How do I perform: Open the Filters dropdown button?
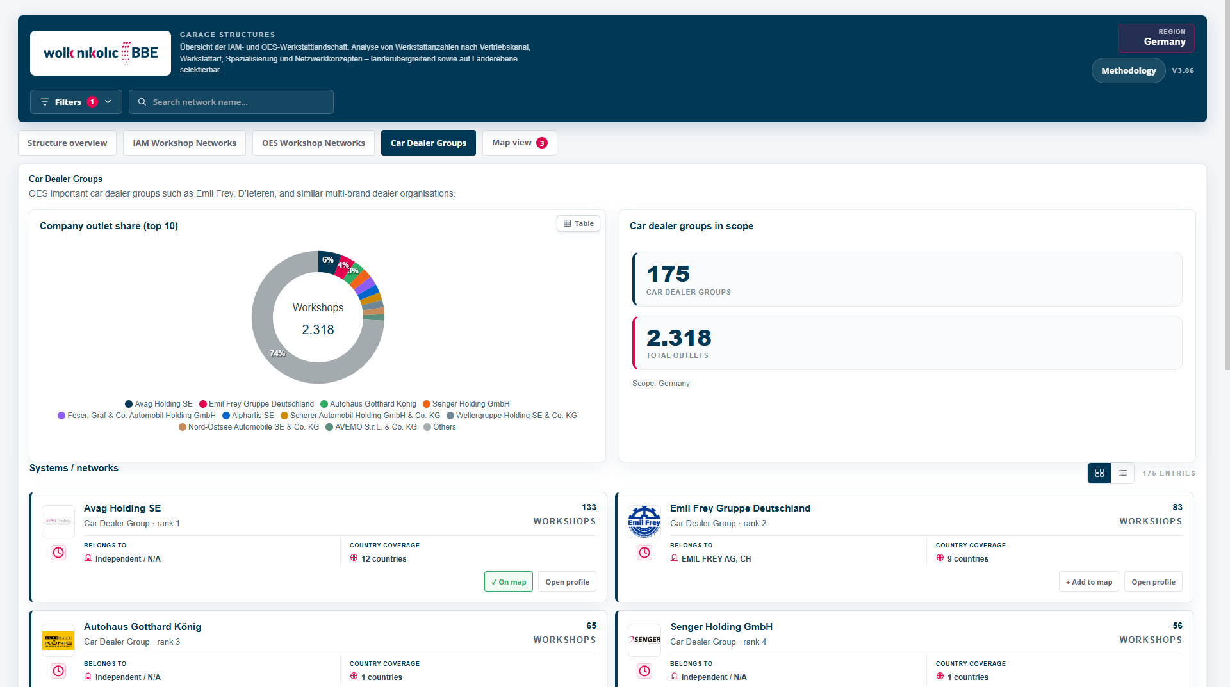[76, 102]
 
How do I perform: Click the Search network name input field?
[231, 102]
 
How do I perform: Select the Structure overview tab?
[67, 143]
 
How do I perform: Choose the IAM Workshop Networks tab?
[184, 143]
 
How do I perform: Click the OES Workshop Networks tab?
[313, 143]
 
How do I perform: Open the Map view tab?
[520, 143]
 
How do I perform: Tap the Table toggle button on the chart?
[578, 223]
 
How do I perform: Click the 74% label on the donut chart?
[277, 353]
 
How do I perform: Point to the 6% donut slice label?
[328, 260]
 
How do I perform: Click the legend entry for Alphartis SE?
[248, 416]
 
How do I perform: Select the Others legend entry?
[439, 427]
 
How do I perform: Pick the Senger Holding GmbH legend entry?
[466, 404]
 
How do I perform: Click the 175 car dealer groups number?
[668, 274]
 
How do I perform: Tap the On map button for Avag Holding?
[509, 582]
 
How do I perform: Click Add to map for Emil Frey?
[1089, 582]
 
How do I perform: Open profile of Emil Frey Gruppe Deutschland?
[1153, 582]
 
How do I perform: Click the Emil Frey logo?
[644, 522]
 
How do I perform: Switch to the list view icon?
[1122, 473]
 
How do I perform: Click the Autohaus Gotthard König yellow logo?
[58, 640]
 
